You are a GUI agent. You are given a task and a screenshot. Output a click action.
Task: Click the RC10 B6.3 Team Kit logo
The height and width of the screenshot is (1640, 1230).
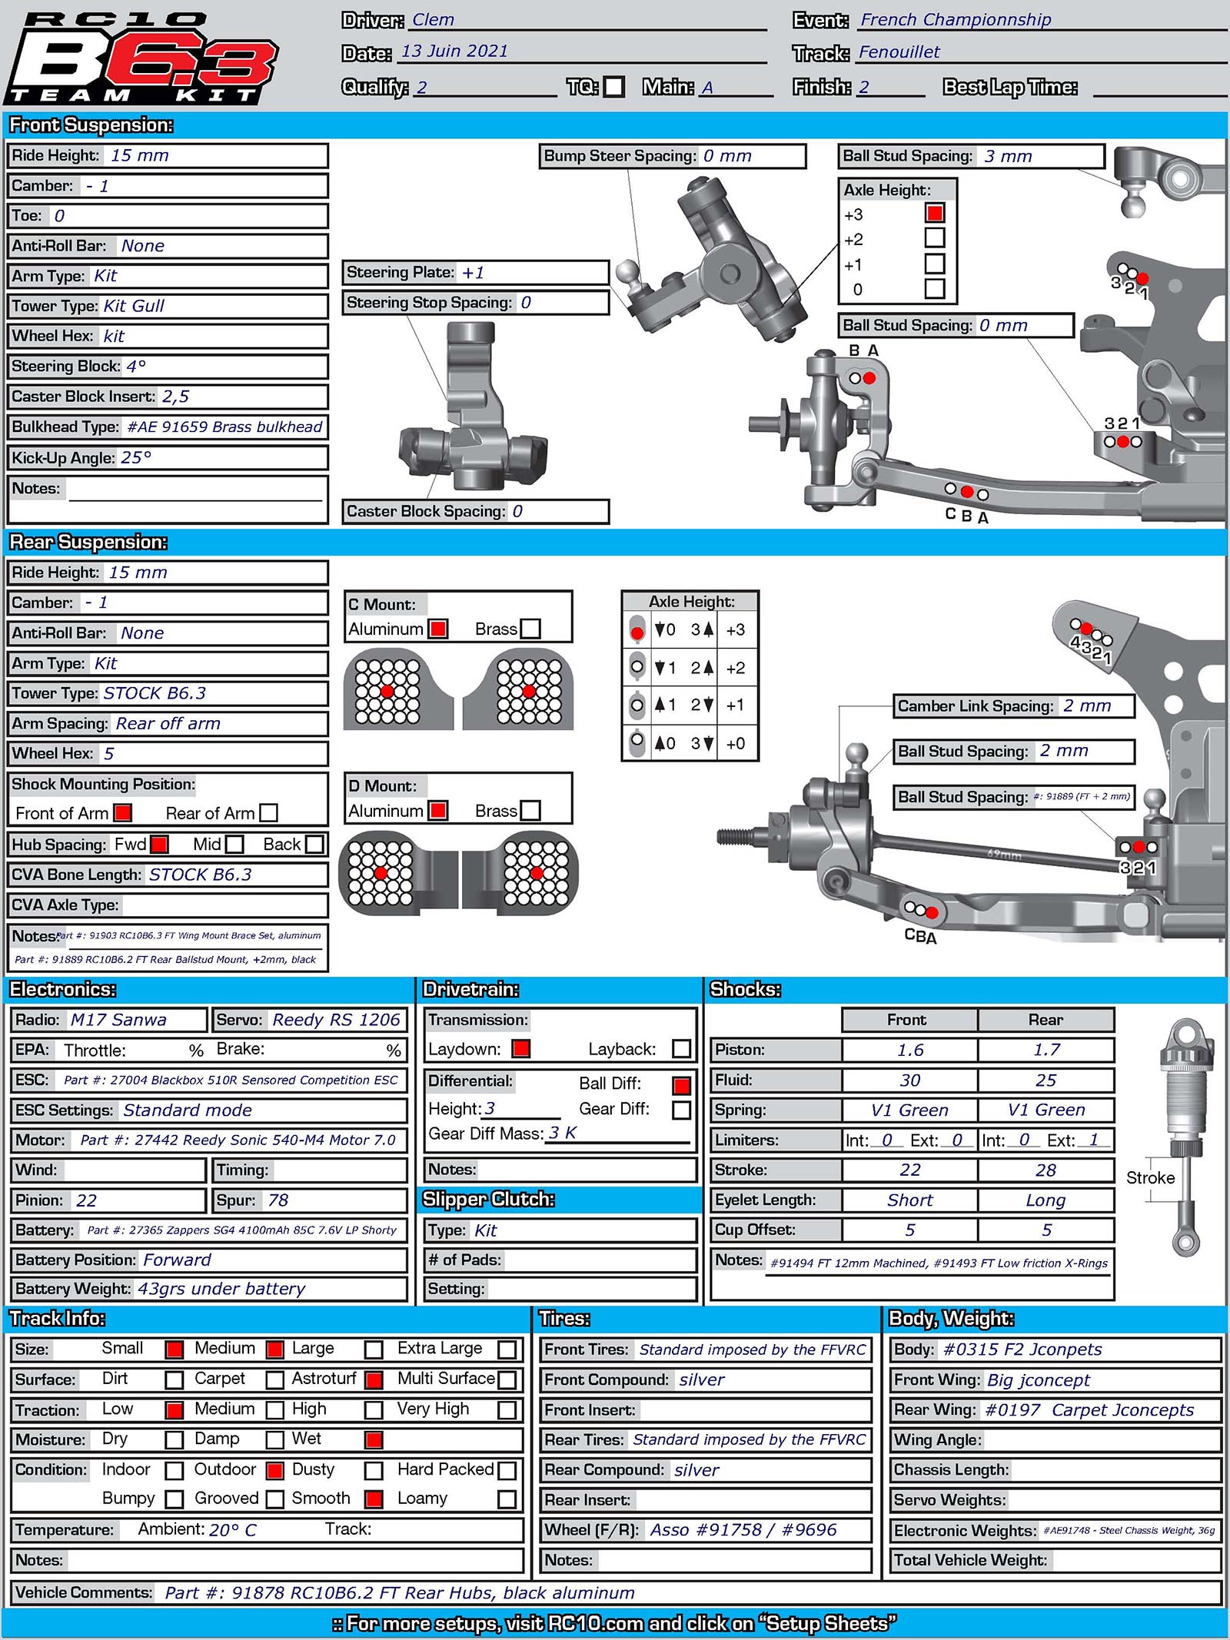(142, 58)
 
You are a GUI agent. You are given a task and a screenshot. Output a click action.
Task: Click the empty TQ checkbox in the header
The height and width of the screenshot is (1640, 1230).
(613, 87)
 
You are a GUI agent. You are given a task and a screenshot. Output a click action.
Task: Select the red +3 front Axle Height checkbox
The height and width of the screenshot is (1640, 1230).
(935, 213)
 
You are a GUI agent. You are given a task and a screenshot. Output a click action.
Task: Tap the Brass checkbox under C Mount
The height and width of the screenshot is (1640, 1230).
(530, 629)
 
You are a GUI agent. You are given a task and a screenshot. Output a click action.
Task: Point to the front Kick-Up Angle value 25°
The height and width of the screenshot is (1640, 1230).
(136, 458)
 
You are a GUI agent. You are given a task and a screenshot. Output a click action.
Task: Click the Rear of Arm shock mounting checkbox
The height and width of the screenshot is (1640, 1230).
(268, 812)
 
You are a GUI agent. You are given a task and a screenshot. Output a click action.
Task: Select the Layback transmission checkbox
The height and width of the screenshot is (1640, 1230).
(680, 1049)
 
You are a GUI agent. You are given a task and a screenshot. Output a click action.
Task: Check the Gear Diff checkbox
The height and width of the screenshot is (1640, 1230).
(680, 1110)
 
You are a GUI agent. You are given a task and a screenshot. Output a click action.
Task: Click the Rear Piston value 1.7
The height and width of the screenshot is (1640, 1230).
(1045, 1050)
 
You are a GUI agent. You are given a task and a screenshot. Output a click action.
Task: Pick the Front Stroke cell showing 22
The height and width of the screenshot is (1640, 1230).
(909, 1170)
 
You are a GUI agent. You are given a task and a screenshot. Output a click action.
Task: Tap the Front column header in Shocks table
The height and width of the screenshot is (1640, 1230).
(907, 1020)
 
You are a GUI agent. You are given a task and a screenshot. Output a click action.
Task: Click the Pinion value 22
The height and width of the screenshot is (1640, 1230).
(86, 1200)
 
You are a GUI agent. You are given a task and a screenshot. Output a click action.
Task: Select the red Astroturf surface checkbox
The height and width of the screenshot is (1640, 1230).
(374, 1379)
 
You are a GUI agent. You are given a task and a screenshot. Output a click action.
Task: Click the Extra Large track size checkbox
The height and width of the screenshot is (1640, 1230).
(507, 1350)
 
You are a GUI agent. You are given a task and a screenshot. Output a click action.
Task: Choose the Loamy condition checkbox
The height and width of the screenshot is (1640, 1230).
(507, 1499)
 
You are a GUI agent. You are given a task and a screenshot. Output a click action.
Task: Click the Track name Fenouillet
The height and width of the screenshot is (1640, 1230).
(899, 52)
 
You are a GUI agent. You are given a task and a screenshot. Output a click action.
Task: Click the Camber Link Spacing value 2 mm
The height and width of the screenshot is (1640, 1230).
(1086, 705)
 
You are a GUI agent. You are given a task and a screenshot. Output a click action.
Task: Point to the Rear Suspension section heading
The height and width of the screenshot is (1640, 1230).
(88, 543)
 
